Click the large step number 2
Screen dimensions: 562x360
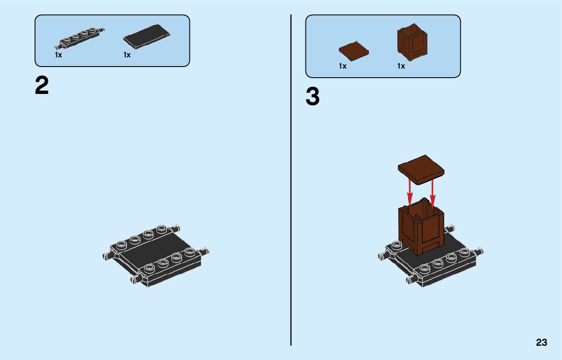point(42,86)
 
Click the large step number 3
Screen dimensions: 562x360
point(313,97)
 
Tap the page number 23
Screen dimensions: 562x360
point(541,342)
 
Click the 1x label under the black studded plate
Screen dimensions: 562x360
point(58,55)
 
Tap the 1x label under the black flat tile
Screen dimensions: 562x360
point(127,55)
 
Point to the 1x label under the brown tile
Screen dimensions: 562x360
point(342,66)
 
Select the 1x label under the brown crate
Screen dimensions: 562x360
point(401,66)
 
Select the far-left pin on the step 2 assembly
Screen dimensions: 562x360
point(107,256)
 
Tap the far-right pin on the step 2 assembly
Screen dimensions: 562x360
point(206,251)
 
